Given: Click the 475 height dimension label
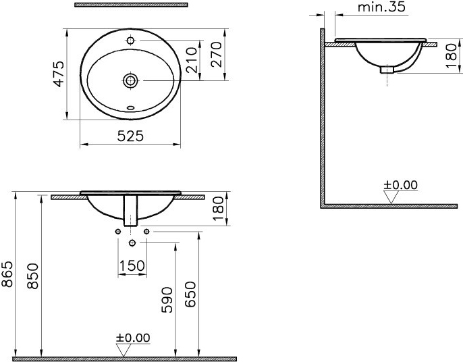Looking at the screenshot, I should pyautogui.click(x=59, y=74).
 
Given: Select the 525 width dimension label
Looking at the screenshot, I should pyautogui.click(x=130, y=136).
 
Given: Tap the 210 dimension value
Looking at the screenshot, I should pyautogui.click(x=192, y=60).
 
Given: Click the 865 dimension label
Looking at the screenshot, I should pyautogui.click(x=7, y=274).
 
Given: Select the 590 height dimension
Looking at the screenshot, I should pyautogui.click(x=169, y=300).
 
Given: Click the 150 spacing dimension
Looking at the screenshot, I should pyautogui.click(x=132, y=265).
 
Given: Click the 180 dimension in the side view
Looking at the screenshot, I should pyautogui.click(x=451, y=57).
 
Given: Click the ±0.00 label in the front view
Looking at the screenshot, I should pyautogui.click(x=133, y=338).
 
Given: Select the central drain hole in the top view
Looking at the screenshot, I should pyautogui.click(x=131, y=80).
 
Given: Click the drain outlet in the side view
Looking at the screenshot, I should pyautogui.click(x=387, y=68).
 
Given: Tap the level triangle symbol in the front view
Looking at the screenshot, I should pyautogui.click(x=123, y=349).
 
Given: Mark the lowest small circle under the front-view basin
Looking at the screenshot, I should pyautogui.click(x=132, y=242).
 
